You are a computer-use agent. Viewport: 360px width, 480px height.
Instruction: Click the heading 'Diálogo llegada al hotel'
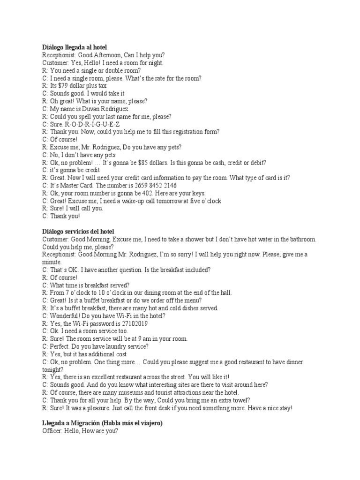tap(75, 47)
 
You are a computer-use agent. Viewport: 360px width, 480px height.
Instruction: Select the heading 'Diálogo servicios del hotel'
tap(78, 232)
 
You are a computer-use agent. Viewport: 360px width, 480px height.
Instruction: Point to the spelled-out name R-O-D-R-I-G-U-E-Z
tap(92, 124)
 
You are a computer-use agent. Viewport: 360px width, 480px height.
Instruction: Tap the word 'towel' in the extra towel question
tap(240, 400)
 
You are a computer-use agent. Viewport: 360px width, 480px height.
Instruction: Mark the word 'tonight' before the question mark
tap(52, 369)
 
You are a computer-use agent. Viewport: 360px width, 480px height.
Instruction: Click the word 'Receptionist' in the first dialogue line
tap(59, 55)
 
